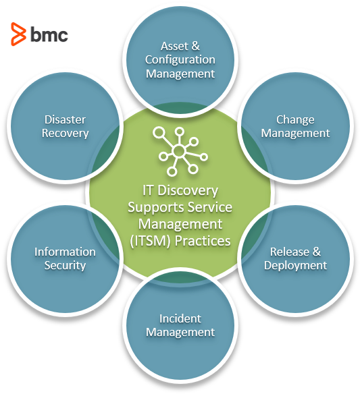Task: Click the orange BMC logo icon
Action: pos(18,34)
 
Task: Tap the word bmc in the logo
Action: pos(49,34)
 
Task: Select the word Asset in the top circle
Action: pos(174,46)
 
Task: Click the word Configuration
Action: pos(180,60)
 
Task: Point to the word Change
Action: pos(295,120)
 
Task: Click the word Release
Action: pos(290,252)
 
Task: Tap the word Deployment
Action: pos(295,266)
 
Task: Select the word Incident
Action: pos(180,318)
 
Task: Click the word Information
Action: pos(65,252)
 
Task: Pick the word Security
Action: pos(65,266)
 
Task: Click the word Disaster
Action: pos(65,119)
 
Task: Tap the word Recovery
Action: pos(65,134)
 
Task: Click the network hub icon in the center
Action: pos(180,151)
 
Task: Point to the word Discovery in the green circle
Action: pos(188,190)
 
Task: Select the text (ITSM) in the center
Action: pos(150,241)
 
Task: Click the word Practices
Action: pos(203,241)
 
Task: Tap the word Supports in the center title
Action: pos(156,208)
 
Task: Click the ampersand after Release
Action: pos(317,252)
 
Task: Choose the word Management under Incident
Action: pos(180,333)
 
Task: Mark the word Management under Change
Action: pos(295,134)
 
